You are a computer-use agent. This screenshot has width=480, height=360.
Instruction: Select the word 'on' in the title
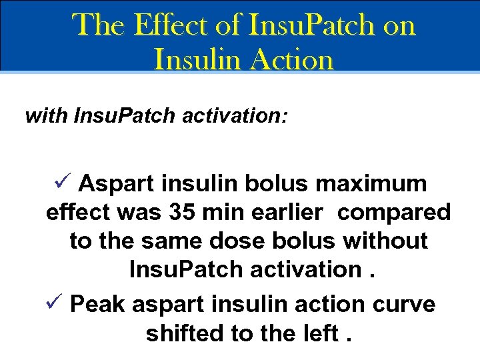pyautogui.click(x=400, y=25)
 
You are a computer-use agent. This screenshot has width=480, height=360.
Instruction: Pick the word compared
pyautogui.click(x=394, y=212)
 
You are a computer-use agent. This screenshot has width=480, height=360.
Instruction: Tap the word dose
pyautogui.click(x=237, y=241)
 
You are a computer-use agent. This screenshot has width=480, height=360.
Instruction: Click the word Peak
pyautogui.click(x=97, y=305)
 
